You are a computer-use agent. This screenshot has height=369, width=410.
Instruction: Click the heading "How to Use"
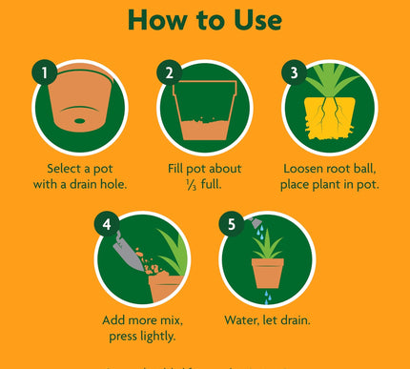coord(204,20)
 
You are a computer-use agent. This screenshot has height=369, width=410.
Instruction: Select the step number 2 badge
coord(169,72)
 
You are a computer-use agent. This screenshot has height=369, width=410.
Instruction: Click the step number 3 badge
coord(293,72)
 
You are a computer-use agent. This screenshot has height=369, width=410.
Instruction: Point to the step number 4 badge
coord(107,224)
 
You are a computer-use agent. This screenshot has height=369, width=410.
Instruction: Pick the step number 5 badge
coord(230,224)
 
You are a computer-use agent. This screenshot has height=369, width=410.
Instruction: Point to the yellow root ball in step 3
coord(330,124)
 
